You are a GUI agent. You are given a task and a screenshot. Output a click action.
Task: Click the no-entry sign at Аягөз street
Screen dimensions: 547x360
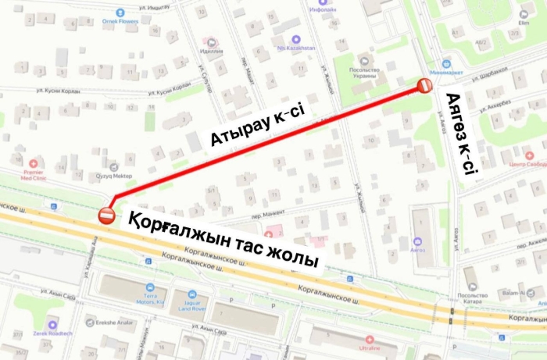424,86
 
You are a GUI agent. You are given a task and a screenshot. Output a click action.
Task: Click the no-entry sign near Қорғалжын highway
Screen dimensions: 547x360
107,214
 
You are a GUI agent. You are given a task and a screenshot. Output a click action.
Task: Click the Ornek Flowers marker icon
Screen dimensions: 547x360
120,13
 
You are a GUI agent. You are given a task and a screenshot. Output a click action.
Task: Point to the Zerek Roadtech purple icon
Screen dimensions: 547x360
52,324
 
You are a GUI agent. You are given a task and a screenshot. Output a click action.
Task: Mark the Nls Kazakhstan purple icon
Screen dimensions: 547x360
295,39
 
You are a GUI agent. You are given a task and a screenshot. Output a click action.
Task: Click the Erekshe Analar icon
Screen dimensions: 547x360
93,322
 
